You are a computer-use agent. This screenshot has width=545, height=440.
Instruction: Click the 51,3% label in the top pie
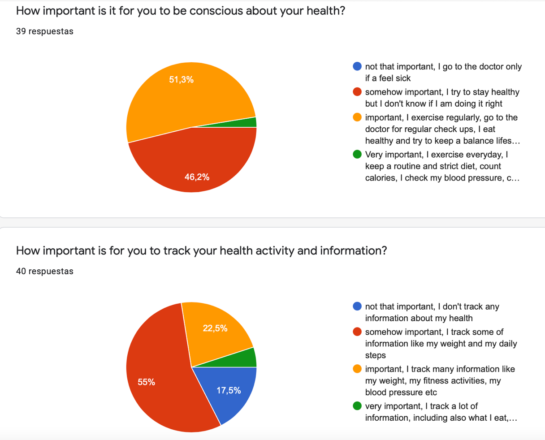[181, 80]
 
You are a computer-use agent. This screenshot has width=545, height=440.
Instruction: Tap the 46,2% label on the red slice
[197, 177]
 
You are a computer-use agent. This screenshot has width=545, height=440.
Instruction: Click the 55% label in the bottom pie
[147, 382]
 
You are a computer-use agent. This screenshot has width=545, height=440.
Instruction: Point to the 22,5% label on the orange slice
[215, 328]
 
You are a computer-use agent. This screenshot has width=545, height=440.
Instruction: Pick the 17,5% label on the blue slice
[229, 390]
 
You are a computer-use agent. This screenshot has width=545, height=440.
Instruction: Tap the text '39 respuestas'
[45, 31]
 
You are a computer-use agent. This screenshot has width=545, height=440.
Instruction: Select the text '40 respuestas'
[45, 271]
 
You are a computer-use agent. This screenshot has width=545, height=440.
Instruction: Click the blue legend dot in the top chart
[357, 66]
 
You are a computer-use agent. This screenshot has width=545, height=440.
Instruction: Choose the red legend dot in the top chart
[357, 92]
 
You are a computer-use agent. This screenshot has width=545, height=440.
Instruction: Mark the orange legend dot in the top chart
[357, 117]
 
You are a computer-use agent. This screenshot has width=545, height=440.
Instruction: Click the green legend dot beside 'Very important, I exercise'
[357, 155]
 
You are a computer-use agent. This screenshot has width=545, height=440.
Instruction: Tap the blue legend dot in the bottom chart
[357, 306]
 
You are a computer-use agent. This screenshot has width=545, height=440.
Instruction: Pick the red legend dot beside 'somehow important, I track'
[357, 332]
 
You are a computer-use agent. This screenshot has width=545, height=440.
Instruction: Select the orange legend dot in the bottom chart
[357, 369]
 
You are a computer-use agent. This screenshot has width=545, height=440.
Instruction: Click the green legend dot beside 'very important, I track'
[357, 406]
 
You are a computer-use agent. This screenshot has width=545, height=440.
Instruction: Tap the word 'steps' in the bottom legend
[375, 355]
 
